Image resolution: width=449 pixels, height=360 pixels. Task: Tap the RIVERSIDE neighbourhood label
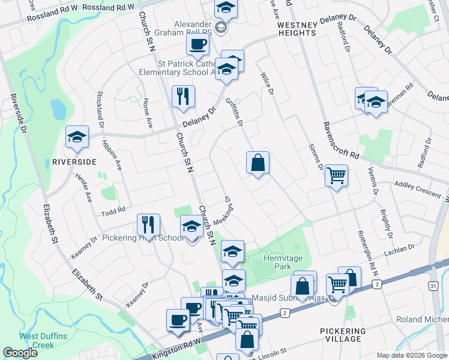point(74,162)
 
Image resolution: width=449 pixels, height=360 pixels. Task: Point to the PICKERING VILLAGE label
point(343,335)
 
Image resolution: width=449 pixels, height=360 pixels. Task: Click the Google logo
point(20,353)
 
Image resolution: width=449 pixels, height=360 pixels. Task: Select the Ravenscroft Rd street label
point(340,140)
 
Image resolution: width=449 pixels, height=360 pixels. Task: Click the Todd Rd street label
point(112,210)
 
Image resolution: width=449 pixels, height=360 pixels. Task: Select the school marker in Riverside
point(77,137)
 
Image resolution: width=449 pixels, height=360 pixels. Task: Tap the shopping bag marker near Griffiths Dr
point(258,163)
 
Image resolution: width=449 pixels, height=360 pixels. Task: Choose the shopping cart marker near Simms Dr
point(336,176)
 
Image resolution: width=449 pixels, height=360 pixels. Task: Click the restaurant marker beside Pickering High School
point(148,224)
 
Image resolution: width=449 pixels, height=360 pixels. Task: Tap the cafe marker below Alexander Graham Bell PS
point(197,44)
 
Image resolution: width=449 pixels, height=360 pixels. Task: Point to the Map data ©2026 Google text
point(411,355)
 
